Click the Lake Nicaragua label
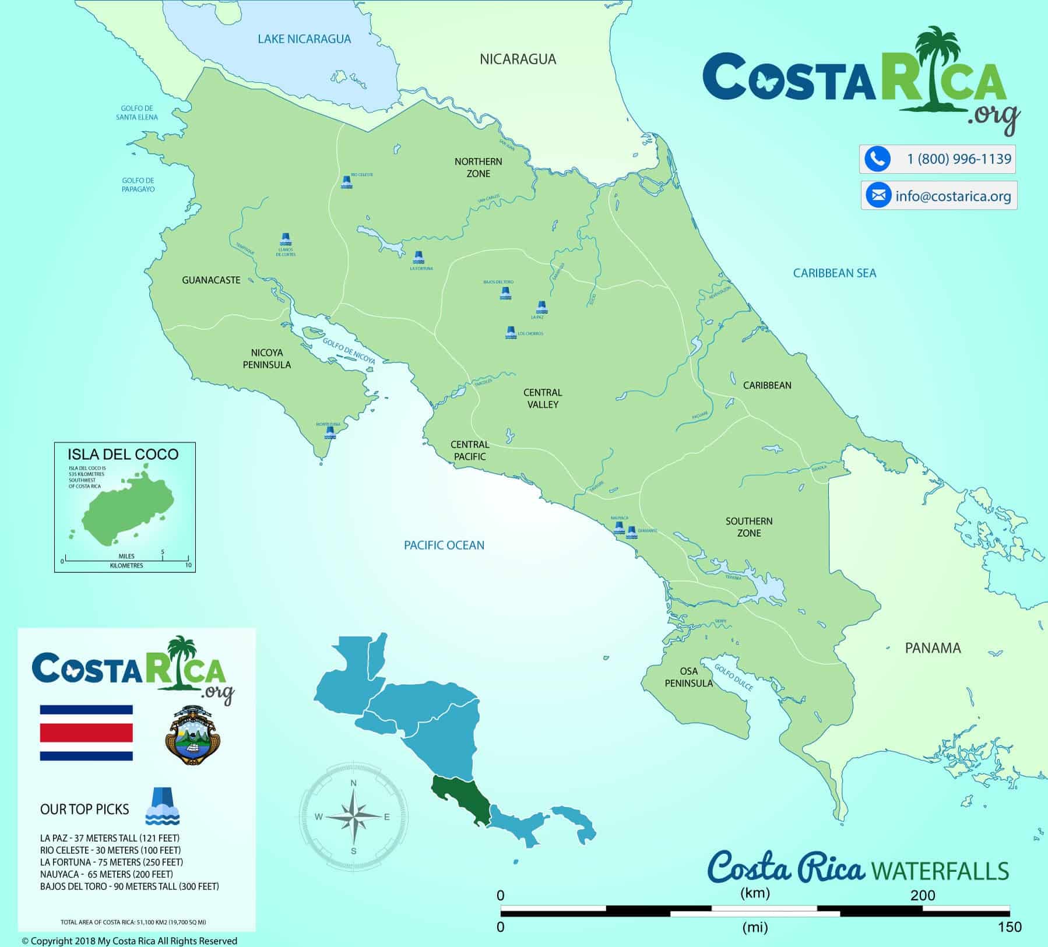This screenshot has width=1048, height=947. click(x=304, y=39)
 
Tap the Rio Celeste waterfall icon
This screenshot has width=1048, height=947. click(x=346, y=182)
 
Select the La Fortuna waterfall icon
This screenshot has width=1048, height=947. click(x=418, y=257)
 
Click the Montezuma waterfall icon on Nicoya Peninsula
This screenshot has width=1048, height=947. click(x=330, y=432)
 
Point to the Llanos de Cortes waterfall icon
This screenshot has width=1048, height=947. click(x=286, y=239)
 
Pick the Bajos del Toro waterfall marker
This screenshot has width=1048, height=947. click(x=505, y=293)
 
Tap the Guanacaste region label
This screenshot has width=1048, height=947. click(x=211, y=280)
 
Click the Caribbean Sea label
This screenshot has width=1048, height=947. click(x=834, y=273)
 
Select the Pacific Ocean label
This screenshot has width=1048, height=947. click(x=444, y=545)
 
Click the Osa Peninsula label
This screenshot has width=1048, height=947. click(x=688, y=677)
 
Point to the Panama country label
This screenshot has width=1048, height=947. click(x=933, y=648)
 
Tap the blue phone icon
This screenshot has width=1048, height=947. click(x=877, y=159)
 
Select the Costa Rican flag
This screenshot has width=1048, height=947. click(x=86, y=733)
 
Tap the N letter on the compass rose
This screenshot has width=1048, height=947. click(x=353, y=783)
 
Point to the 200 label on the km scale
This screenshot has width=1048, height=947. click(x=923, y=895)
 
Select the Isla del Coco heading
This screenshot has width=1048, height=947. click(x=123, y=455)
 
